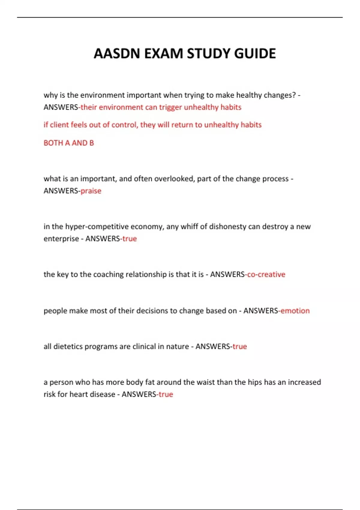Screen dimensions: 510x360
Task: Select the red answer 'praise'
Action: [x=91, y=191]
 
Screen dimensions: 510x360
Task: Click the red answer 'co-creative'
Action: [x=266, y=274]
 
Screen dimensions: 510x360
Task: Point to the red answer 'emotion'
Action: [x=295, y=311]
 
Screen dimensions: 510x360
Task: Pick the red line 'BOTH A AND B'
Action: [x=69, y=143]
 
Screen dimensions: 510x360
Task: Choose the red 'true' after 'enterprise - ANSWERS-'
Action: [x=130, y=239]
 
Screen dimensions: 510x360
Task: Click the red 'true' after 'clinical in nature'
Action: [x=240, y=346]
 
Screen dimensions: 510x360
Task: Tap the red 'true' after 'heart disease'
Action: [x=166, y=394]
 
